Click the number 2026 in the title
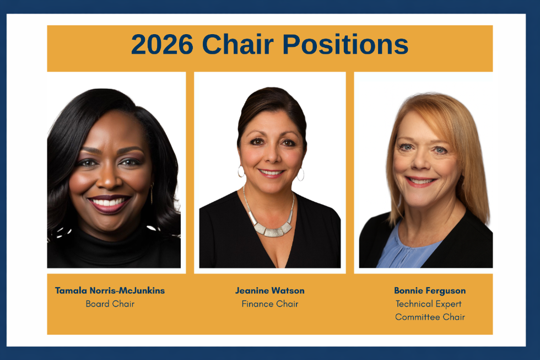[x=162, y=45]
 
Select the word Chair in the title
[x=241, y=45]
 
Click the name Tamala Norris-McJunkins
[x=110, y=291]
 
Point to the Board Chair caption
[x=110, y=304]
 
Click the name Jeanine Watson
[x=269, y=291]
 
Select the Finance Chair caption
[x=269, y=304]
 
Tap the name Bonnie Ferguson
[x=430, y=291]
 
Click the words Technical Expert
[x=429, y=304]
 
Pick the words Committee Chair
[x=430, y=317]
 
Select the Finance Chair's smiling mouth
[x=271, y=173]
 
